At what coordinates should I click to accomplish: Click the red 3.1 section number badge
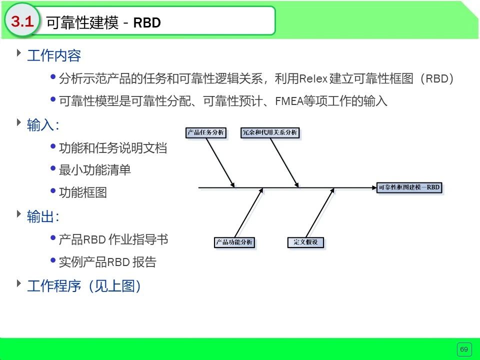click(x=22, y=21)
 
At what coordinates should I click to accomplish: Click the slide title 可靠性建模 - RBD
click(x=103, y=22)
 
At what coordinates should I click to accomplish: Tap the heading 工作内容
click(x=54, y=56)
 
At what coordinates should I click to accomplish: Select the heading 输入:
click(x=43, y=125)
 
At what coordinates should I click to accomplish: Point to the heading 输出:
click(x=43, y=216)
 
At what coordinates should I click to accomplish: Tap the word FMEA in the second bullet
click(x=287, y=101)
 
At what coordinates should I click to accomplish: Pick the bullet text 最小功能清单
click(x=95, y=170)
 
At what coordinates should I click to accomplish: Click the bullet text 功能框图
click(x=83, y=192)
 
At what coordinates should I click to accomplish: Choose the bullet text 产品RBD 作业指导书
click(x=113, y=239)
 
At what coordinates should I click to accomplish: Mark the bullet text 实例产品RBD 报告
click(x=107, y=262)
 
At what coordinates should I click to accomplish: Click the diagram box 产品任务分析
click(x=205, y=133)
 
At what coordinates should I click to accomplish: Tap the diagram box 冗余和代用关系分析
click(x=270, y=133)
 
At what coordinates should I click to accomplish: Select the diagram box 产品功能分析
click(x=234, y=242)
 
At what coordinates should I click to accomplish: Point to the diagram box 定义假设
click(x=306, y=242)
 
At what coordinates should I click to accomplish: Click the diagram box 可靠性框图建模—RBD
click(x=410, y=188)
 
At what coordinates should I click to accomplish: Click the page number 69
click(x=464, y=349)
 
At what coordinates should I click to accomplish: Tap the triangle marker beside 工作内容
click(x=19, y=52)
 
